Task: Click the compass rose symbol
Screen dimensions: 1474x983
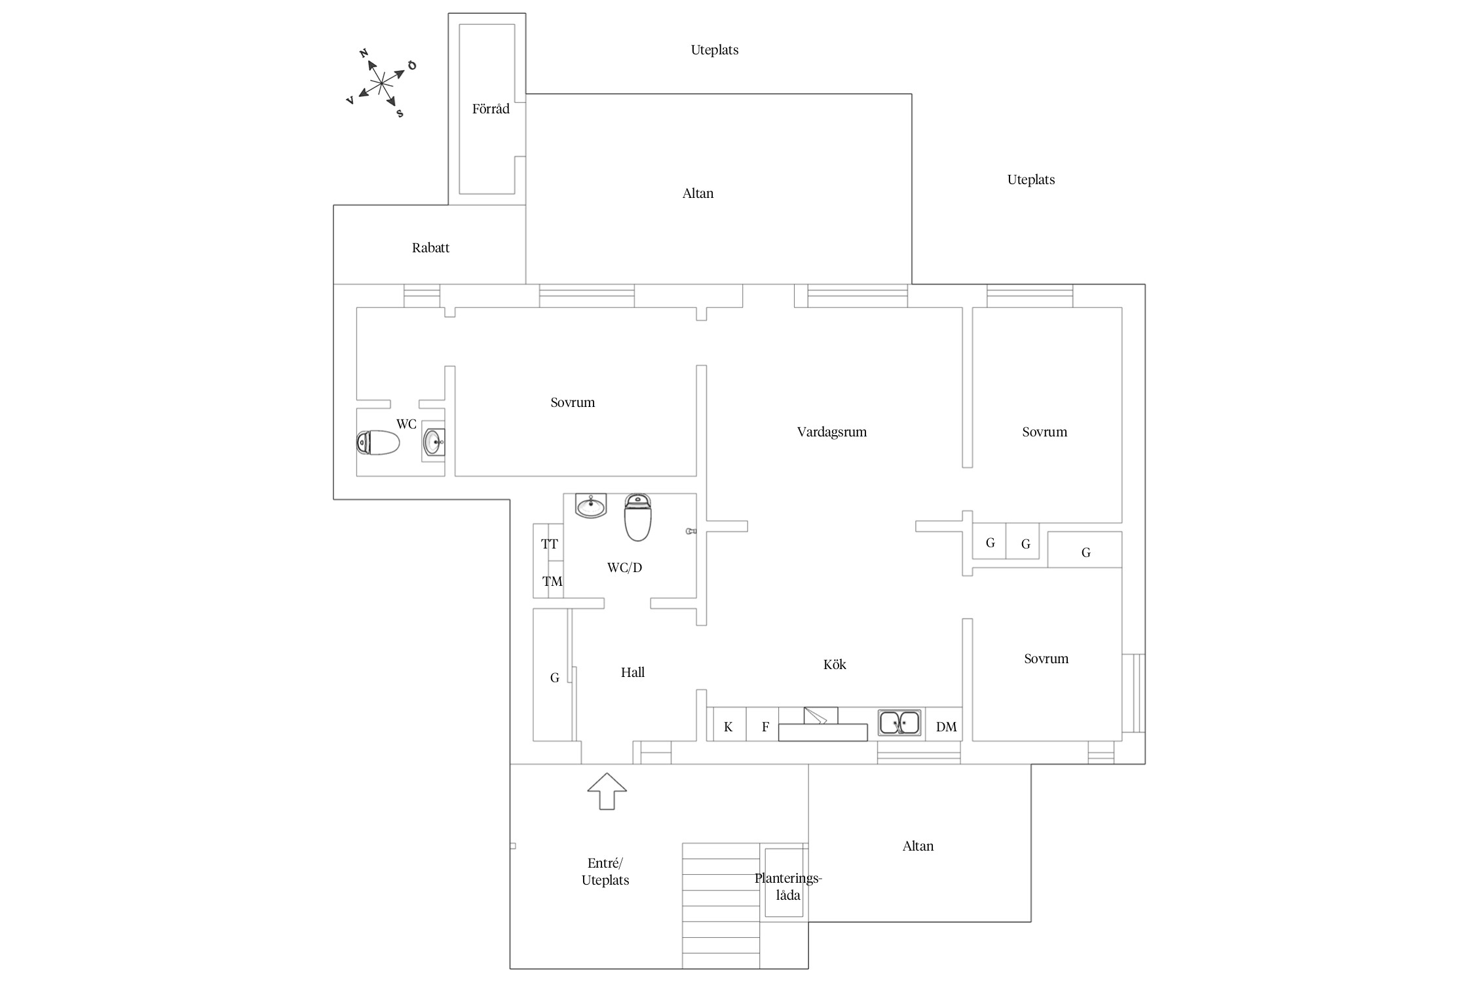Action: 382,83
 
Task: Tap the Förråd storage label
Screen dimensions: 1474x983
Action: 491,109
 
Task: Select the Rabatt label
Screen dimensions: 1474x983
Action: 430,248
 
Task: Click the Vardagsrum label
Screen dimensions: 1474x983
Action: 832,432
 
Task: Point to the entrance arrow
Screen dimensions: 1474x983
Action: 607,791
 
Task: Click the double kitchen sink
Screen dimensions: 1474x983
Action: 899,723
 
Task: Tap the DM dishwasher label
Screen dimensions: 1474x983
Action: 947,727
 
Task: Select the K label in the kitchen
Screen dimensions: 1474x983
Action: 728,727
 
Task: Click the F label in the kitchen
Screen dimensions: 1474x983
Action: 765,727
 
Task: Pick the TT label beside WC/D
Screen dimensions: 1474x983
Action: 550,544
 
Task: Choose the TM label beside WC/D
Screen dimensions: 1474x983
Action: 552,581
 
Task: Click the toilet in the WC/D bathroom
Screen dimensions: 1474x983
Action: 637,517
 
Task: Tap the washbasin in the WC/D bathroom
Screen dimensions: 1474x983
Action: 591,506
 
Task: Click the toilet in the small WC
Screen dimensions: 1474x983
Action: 378,443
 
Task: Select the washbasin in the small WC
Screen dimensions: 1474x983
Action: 433,442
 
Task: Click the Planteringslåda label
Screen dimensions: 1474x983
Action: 788,887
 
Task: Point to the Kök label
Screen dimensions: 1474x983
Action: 835,665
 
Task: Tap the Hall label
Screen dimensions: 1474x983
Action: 633,672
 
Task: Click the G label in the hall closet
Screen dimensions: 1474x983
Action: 554,678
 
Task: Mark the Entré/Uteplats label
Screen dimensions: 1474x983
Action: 605,872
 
